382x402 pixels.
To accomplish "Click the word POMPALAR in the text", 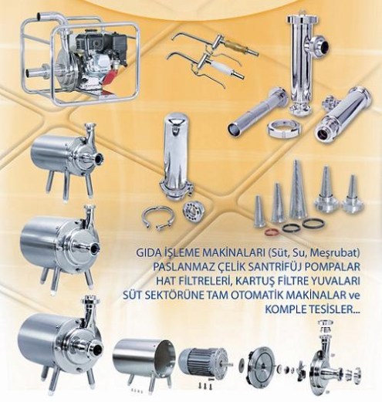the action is point(334,267).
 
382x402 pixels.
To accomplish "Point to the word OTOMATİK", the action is point(262,296).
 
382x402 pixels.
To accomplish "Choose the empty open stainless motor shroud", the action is point(144,357).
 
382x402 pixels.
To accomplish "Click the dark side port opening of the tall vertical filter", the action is point(325,46).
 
